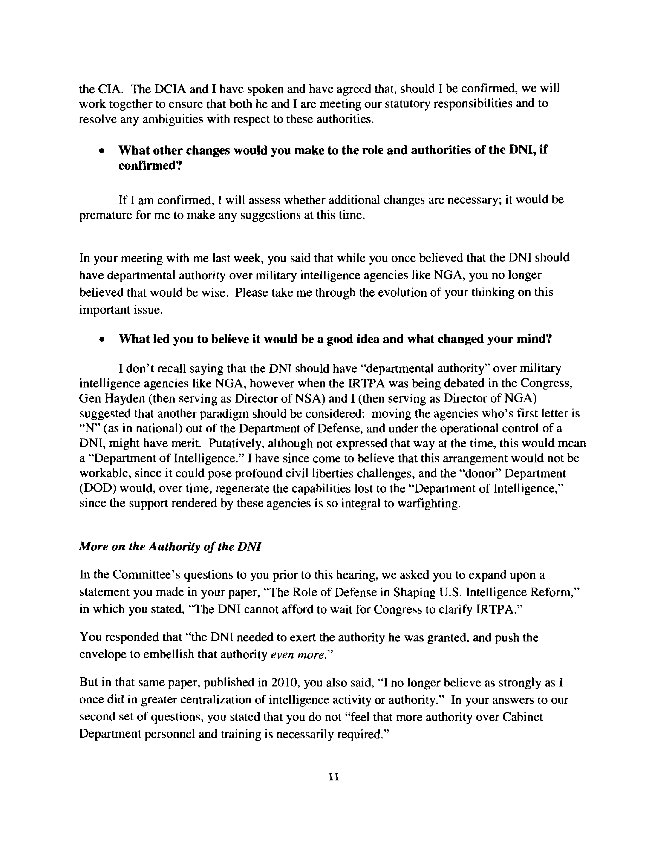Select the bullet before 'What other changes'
[x=102, y=151]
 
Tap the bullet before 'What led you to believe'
[x=102, y=339]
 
